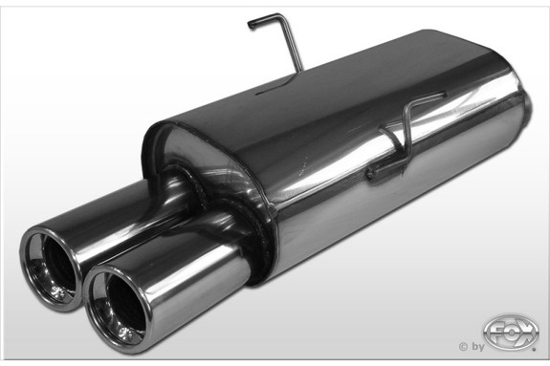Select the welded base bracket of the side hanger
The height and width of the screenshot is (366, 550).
379,172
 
